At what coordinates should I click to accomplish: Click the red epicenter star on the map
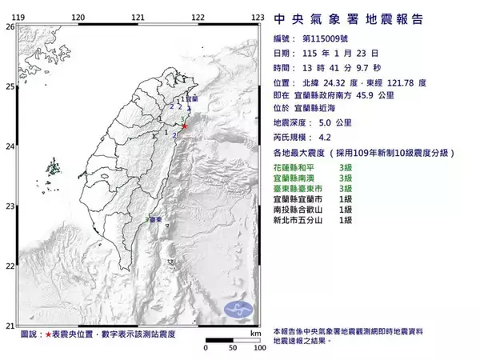point(186,126)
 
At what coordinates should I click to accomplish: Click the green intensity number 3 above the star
point(184,118)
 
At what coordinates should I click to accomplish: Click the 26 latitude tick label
point(10,26)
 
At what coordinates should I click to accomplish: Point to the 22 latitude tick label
point(10,266)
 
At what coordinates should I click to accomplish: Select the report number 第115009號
point(329,38)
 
